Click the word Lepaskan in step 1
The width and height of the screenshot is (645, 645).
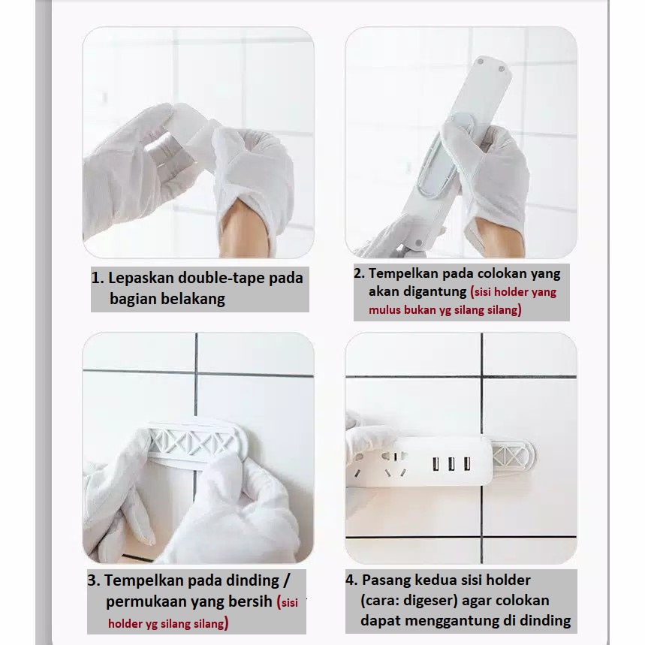(x=141, y=279)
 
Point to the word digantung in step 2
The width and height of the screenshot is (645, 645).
(x=435, y=291)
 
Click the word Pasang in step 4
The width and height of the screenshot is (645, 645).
(x=386, y=580)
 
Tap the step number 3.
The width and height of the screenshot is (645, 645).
(x=93, y=580)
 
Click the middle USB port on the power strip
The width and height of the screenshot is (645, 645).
(x=451, y=465)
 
